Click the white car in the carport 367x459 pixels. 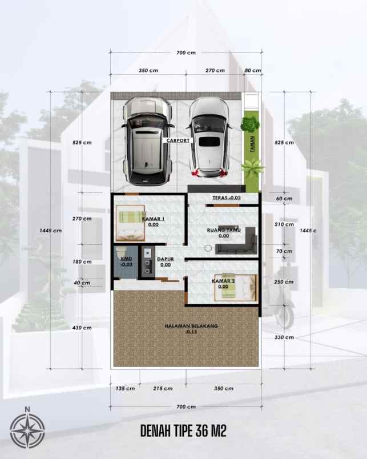pyautogui.click(x=209, y=136)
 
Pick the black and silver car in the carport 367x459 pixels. pyautogui.click(x=147, y=140)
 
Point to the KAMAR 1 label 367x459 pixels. pyautogui.click(x=153, y=219)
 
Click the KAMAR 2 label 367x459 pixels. pyautogui.click(x=223, y=281)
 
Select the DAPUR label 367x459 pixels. pyautogui.click(x=166, y=258)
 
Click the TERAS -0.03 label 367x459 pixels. pyautogui.click(x=227, y=198)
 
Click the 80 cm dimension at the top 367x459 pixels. pyautogui.click(x=252, y=71)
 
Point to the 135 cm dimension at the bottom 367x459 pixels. pyautogui.click(x=125, y=388)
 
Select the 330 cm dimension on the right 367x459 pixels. pyautogui.click(x=283, y=337)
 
